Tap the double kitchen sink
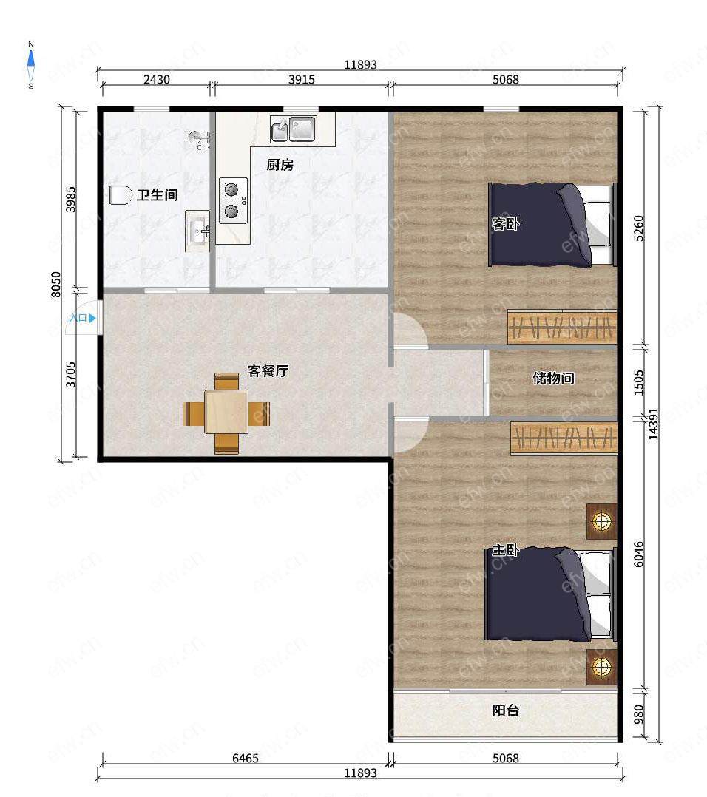pyautogui.click(x=294, y=129)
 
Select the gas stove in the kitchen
pyautogui.click(x=233, y=200)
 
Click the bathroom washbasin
pyautogui.click(x=197, y=231)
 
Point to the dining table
pyautogui.click(x=226, y=411)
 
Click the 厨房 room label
pyautogui.click(x=280, y=165)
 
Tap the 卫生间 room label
pyautogui.click(x=157, y=194)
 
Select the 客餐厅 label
pyautogui.click(x=268, y=370)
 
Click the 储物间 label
pyautogui.click(x=553, y=379)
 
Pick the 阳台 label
pyautogui.click(x=505, y=710)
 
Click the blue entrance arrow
pyautogui.click(x=92, y=318)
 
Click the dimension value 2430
pyautogui.click(x=157, y=79)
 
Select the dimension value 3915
pyautogui.click(x=302, y=79)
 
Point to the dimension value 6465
pyautogui.click(x=246, y=758)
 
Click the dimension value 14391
pyautogui.click(x=653, y=424)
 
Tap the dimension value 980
pyautogui.click(x=639, y=714)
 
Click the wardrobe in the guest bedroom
pyautogui.click(x=562, y=326)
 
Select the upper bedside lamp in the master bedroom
pyautogui.click(x=602, y=521)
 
